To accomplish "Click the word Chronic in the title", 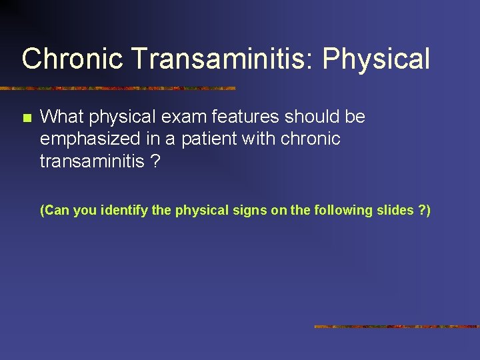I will tap(72, 59).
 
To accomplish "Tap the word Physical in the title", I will tap(376, 59).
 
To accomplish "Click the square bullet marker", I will tap(27, 118).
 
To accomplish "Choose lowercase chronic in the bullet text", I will tap(311, 139).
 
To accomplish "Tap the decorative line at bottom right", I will tap(397, 327).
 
